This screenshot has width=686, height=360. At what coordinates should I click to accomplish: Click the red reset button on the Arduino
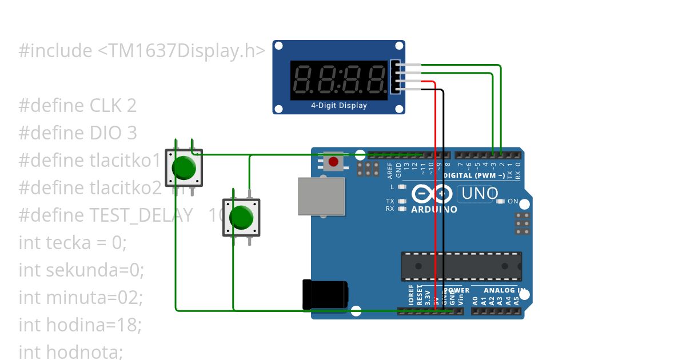click(x=333, y=163)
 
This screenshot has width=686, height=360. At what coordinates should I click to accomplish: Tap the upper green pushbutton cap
click(x=184, y=167)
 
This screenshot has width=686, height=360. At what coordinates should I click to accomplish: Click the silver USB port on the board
click(x=321, y=196)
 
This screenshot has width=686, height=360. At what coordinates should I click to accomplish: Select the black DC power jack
click(x=325, y=294)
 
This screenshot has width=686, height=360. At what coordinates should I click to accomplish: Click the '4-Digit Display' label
click(x=339, y=106)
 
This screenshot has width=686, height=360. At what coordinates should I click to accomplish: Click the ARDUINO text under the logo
click(x=434, y=210)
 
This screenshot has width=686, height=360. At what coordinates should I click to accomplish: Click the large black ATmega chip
click(x=461, y=266)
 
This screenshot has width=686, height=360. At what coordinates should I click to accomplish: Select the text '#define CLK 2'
click(x=78, y=106)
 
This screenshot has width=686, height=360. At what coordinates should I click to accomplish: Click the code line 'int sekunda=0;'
click(x=81, y=270)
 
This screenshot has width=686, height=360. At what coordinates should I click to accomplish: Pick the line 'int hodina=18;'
click(x=80, y=325)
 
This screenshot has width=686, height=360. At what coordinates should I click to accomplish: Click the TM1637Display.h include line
click(x=142, y=51)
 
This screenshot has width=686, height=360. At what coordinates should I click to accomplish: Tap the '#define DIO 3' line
click(x=78, y=133)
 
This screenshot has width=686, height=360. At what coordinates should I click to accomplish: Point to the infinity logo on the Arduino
click(x=432, y=195)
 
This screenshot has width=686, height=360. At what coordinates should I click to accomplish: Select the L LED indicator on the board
click(x=402, y=187)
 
